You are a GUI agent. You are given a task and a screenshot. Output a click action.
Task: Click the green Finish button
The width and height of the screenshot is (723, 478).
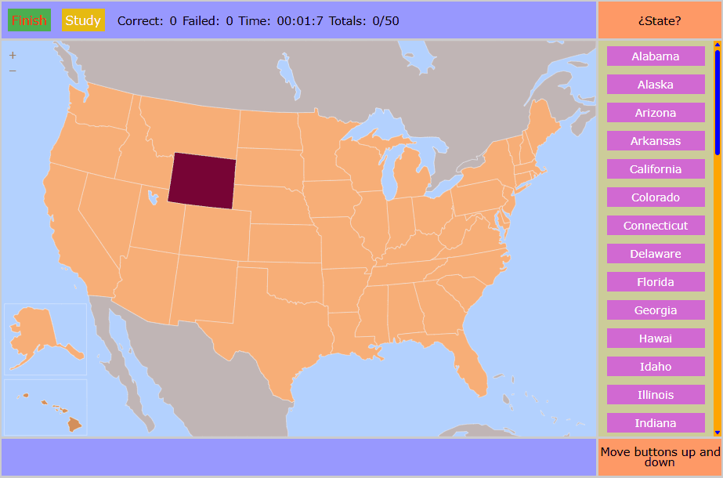pyautogui.click(x=29, y=20)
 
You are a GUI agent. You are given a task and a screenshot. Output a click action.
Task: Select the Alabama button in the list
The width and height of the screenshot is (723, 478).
pyautogui.click(x=656, y=56)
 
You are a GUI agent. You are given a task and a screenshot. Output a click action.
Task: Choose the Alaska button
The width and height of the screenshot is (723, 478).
pyautogui.click(x=656, y=85)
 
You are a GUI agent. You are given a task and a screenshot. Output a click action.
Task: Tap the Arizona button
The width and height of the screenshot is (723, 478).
pyautogui.click(x=656, y=113)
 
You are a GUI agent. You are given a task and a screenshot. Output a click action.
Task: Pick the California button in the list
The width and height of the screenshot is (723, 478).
pyautogui.click(x=656, y=169)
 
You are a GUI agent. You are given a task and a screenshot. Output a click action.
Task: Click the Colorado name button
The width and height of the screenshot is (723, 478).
pyautogui.click(x=656, y=197)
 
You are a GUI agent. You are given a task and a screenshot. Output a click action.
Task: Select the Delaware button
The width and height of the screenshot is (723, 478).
pyautogui.click(x=656, y=254)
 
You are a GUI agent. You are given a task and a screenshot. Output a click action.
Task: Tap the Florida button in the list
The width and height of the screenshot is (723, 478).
pyautogui.click(x=656, y=282)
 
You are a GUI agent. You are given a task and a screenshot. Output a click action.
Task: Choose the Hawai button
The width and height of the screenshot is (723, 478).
pyautogui.click(x=656, y=339)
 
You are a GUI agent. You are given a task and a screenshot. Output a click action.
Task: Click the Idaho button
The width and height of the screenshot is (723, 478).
pyautogui.click(x=656, y=367)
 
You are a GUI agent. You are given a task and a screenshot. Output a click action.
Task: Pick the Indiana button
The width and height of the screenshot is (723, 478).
pyautogui.click(x=656, y=423)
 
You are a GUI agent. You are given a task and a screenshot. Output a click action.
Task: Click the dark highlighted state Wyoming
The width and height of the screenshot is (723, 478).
pyautogui.click(x=202, y=181)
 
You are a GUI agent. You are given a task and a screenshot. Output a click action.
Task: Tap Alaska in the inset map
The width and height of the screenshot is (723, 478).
pyautogui.click(x=35, y=332)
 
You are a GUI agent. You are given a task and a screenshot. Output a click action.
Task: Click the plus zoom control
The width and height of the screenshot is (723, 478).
pyautogui.click(x=13, y=56)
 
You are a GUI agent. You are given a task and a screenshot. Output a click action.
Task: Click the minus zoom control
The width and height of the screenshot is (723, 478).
pyautogui.click(x=13, y=71)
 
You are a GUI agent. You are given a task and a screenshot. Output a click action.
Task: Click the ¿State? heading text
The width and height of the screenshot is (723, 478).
pyautogui.click(x=659, y=20)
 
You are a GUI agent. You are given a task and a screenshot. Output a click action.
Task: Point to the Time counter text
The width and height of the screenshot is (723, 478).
pyautogui.click(x=295, y=20)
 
